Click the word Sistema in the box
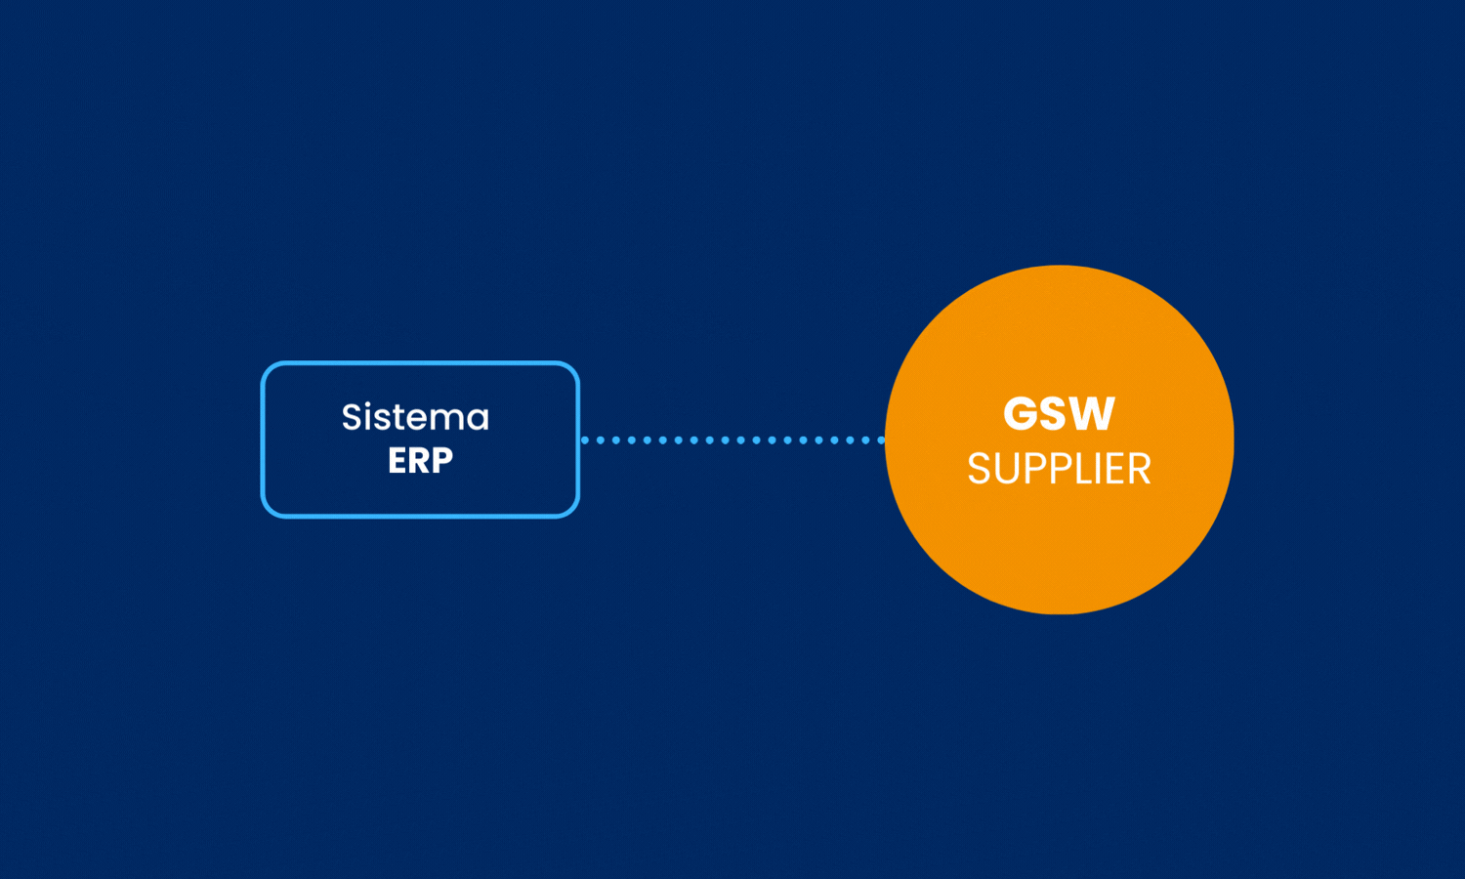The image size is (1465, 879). [x=415, y=418]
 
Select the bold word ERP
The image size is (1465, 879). [x=420, y=461]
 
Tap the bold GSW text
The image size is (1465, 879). [x=1059, y=414]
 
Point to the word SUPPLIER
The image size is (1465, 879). [x=1059, y=470]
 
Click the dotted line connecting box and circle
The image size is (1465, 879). [x=732, y=440]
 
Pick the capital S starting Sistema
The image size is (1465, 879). [x=352, y=418]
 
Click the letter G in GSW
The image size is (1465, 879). [x=1021, y=414]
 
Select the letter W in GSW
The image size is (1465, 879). [x=1095, y=414]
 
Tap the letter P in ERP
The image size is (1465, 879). [x=441, y=461]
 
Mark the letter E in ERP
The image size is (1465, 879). [x=398, y=461]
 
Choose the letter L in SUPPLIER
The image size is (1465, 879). [x=1078, y=470]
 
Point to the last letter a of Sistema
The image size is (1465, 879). [x=478, y=420]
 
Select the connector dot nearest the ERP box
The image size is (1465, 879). [x=585, y=440]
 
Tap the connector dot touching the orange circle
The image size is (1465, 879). [x=881, y=440]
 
